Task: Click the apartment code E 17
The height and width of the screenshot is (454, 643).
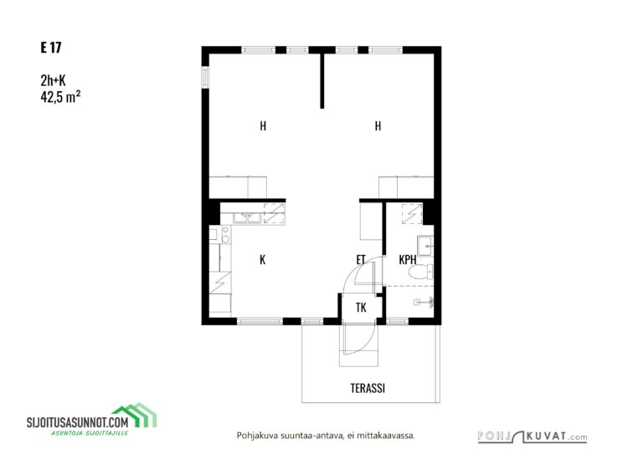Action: (x=51, y=48)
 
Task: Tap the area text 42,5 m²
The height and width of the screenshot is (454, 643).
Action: (x=60, y=97)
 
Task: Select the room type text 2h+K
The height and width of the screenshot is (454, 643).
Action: (x=53, y=80)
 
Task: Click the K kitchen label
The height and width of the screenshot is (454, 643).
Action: (x=262, y=259)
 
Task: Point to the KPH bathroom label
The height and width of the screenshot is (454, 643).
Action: (x=408, y=259)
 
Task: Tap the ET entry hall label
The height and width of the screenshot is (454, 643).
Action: (x=361, y=259)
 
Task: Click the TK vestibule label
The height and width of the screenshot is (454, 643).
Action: (x=361, y=308)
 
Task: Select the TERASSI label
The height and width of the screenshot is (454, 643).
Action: (x=368, y=388)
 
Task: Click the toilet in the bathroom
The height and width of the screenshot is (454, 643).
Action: (x=421, y=272)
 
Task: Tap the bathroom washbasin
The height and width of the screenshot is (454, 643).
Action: (x=425, y=246)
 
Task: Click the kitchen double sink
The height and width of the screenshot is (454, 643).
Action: (x=247, y=218)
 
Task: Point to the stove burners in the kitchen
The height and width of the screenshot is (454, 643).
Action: (x=225, y=235)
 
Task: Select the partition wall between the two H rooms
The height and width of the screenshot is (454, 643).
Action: (x=321, y=80)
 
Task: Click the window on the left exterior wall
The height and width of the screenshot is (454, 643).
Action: (x=205, y=77)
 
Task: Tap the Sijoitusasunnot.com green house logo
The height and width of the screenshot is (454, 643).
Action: (x=134, y=415)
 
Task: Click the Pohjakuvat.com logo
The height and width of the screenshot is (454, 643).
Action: (x=532, y=436)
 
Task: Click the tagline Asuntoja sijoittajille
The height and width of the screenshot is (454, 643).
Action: (x=90, y=433)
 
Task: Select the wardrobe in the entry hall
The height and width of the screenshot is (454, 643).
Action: (x=371, y=221)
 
